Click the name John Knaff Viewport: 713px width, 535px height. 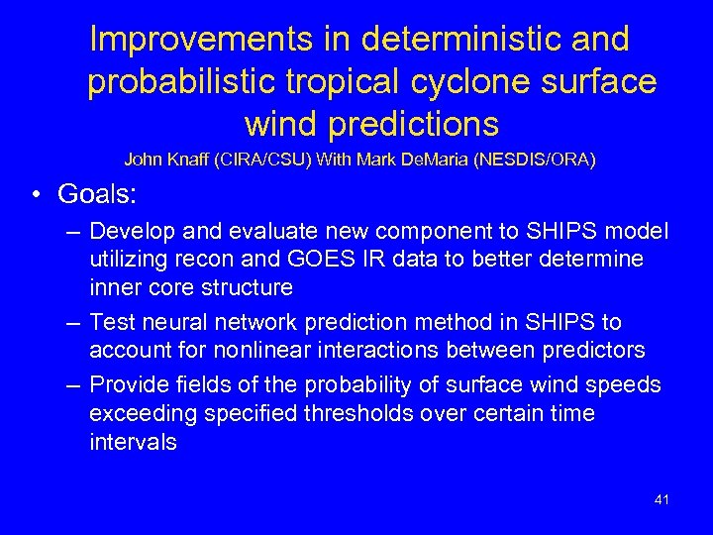161,159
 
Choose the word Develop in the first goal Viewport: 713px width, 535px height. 131,232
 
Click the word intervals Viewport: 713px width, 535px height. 133,441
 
